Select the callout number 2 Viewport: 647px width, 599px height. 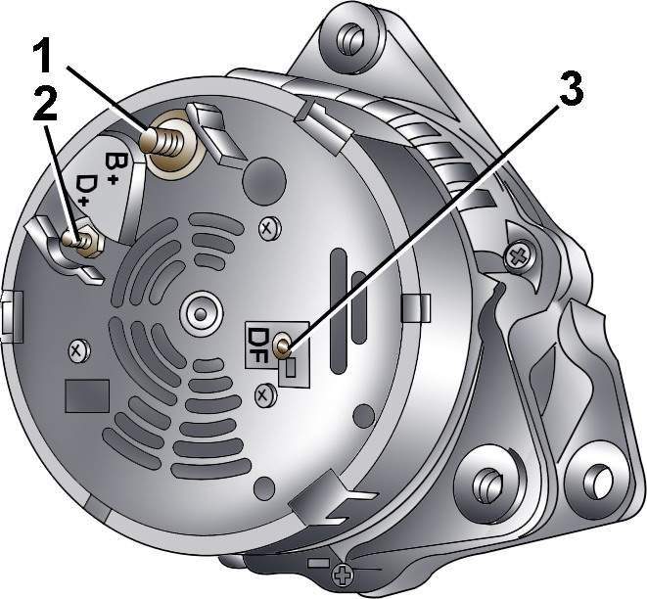coord(45,106)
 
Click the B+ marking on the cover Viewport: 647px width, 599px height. coord(112,167)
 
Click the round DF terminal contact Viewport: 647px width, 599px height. coord(283,345)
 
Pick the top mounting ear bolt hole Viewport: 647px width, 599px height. coord(349,38)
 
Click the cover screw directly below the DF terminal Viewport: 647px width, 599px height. coord(264,396)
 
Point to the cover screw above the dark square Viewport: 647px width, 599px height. coord(78,350)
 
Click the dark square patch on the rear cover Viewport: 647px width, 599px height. coord(87,396)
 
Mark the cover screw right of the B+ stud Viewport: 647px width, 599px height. coord(269,228)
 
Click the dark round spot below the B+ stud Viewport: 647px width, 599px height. coord(264,180)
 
